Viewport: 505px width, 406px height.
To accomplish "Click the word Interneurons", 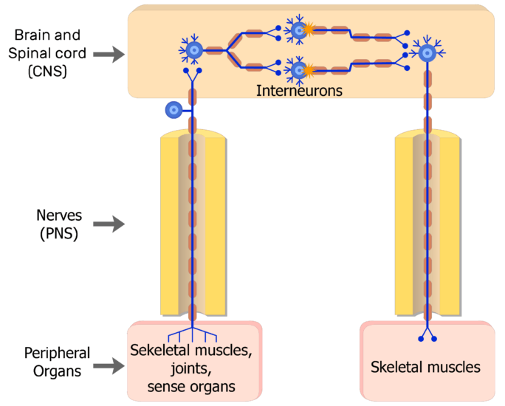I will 299,90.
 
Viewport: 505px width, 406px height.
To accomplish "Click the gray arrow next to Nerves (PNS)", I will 109,224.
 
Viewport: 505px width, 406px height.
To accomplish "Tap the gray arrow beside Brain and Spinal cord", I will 109,54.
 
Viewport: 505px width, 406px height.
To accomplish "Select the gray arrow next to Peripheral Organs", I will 109,365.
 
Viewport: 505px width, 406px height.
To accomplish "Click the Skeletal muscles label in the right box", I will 425,367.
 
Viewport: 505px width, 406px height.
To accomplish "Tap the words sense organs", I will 191,386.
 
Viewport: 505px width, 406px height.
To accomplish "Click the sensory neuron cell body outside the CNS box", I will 174,110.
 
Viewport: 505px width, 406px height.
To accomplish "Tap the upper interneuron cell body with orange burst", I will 298,30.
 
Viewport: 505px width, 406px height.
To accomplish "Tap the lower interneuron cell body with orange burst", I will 298,70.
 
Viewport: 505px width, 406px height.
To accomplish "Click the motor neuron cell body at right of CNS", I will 427,52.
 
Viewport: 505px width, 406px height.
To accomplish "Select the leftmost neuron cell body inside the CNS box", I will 193,50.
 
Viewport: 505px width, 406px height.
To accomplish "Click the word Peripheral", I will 57,353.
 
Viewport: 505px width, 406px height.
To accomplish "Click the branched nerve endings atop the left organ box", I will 193,331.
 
